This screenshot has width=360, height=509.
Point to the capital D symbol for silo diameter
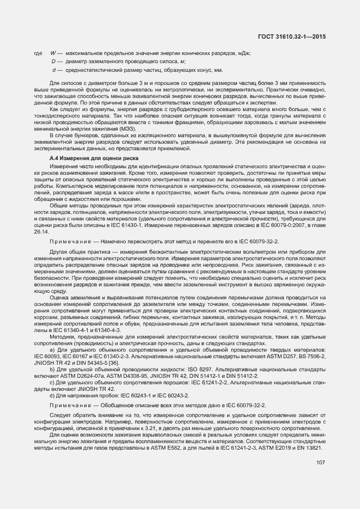point(53,62)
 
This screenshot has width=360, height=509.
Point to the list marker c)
point(52,383)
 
